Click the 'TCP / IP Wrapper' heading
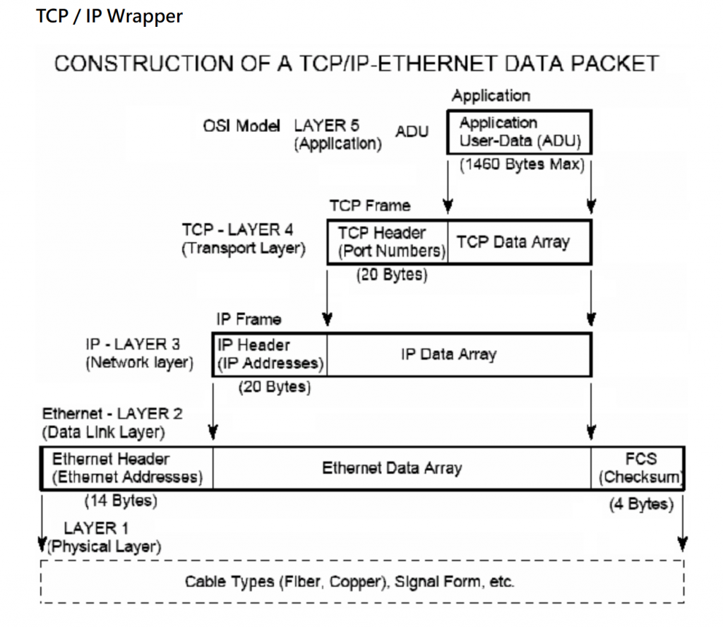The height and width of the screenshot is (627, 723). coord(109,16)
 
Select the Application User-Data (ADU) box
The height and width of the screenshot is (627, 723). coord(519,132)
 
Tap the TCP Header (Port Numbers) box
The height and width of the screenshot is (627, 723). coord(388,241)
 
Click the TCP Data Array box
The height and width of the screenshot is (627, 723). coord(519,241)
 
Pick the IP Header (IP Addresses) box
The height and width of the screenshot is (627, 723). coord(270,354)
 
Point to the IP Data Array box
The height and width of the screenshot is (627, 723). coord(459,354)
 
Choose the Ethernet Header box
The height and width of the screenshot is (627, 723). coord(127,468)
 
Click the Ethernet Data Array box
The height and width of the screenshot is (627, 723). coord(392,468)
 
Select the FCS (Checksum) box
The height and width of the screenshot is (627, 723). coord(639,468)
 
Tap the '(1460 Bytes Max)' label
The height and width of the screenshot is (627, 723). coord(522,165)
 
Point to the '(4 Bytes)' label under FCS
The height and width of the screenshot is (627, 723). coord(640,504)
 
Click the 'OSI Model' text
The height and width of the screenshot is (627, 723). coord(241,126)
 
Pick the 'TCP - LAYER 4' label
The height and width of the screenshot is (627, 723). coord(237,230)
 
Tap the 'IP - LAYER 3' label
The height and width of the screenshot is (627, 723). coord(133,345)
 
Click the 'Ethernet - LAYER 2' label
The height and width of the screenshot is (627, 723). coord(106,414)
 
